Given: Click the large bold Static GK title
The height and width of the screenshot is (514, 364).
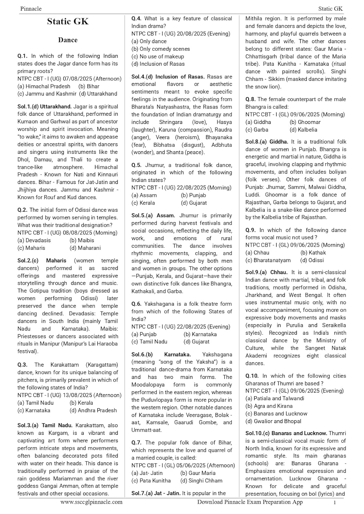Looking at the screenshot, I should click(x=68, y=22).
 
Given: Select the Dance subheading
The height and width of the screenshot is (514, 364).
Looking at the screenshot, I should click(x=68, y=40).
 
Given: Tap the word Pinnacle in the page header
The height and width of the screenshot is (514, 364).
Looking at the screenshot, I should click(x=31, y=9).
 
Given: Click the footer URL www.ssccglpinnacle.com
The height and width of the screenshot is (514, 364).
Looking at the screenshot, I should click(x=91, y=502).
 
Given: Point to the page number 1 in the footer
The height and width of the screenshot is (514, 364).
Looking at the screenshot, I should click(x=334, y=502).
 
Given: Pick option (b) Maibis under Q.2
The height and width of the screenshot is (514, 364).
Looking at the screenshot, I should click(x=82, y=241).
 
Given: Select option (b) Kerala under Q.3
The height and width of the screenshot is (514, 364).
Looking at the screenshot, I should click(x=81, y=403).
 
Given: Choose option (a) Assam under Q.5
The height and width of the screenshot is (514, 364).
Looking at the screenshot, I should click(x=144, y=195).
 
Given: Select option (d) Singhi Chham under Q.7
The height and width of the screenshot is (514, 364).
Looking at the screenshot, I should click(x=201, y=481).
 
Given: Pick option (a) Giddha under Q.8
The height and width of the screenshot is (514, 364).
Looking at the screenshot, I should click(x=258, y=122).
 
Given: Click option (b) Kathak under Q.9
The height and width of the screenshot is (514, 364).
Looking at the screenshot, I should click(x=313, y=253).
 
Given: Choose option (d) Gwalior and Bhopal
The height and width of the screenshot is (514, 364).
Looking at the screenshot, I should click(x=273, y=421).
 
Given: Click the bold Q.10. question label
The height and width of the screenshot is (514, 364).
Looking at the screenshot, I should click(x=252, y=376).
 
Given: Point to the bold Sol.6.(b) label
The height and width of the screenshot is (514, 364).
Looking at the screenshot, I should click(x=142, y=355).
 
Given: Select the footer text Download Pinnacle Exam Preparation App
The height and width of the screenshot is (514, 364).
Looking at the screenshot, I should click(x=250, y=502).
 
